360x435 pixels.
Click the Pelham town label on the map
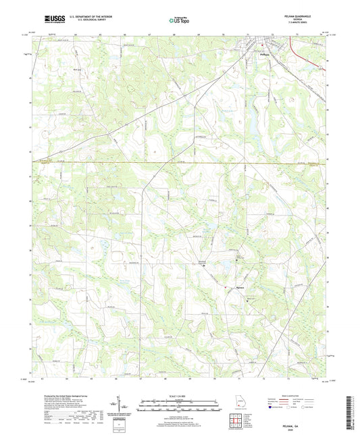[264, 55]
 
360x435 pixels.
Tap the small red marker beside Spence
[224, 286]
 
